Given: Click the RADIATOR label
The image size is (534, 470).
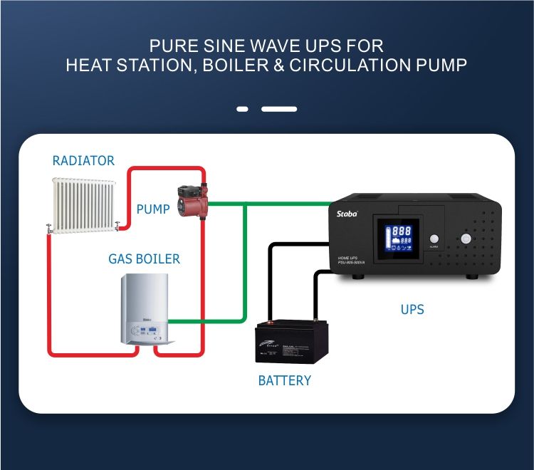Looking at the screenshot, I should click(x=83, y=161).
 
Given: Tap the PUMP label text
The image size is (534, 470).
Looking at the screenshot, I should click(x=153, y=209).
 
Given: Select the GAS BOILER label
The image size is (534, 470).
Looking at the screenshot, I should click(x=144, y=259).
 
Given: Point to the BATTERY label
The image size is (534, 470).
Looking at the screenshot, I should click(x=284, y=381).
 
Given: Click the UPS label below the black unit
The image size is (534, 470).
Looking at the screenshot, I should click(x=412, y=310).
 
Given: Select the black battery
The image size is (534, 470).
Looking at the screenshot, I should click(x=293, y=344).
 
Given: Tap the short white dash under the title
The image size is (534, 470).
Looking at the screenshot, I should click(x=242, y=109).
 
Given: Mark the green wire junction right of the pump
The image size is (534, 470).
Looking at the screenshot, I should click(x=245, y=204).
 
